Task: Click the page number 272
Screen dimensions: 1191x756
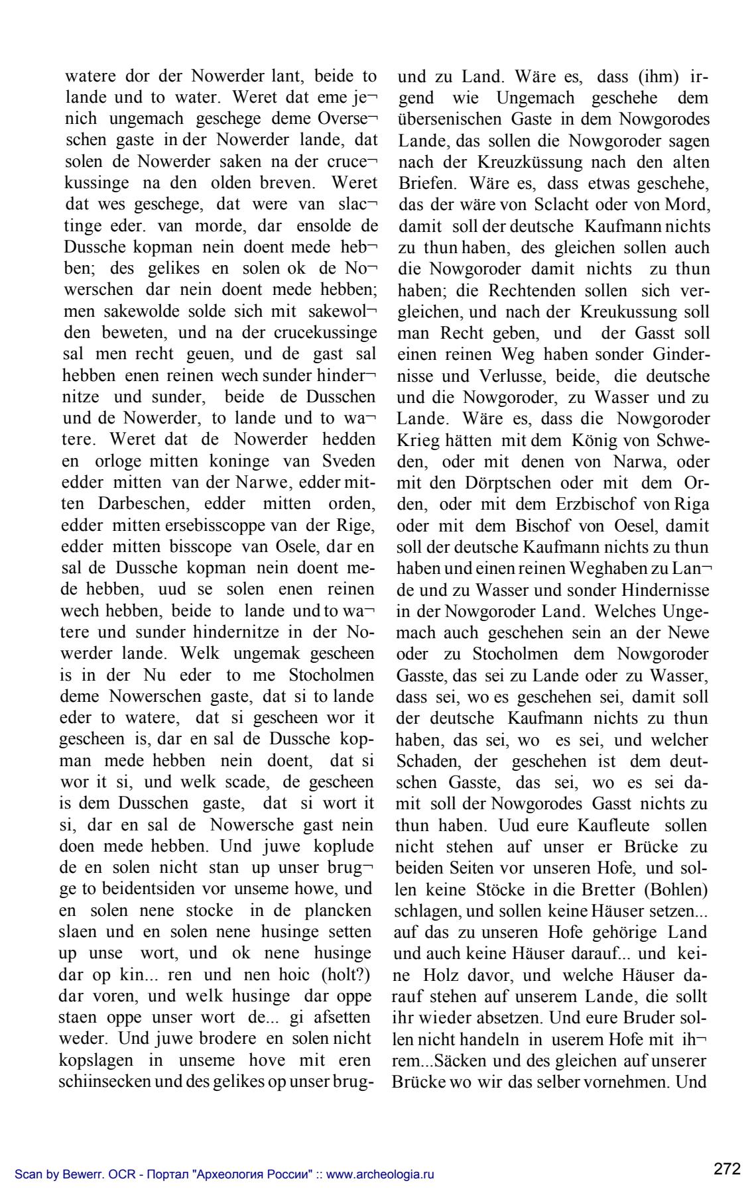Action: coord(727,1168)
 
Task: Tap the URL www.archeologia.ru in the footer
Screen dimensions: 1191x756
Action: coord(381,1175)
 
